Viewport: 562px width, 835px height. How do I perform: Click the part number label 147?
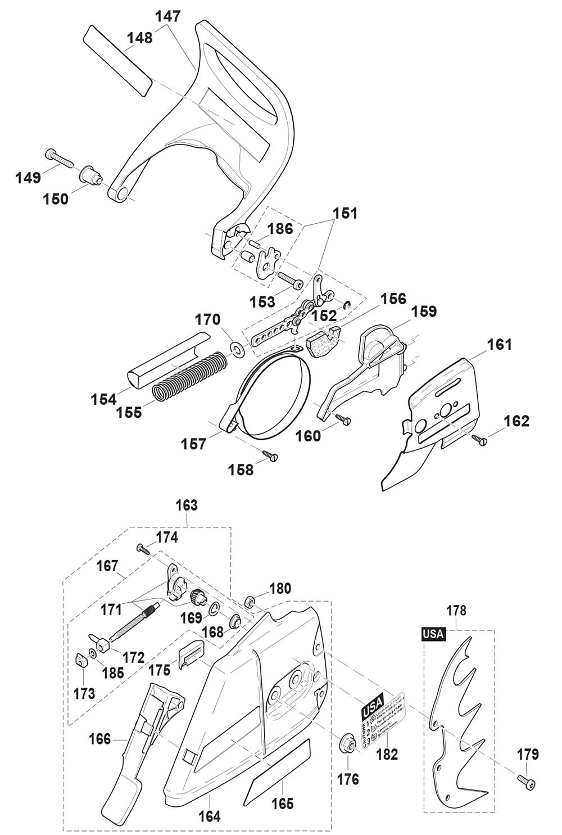169,16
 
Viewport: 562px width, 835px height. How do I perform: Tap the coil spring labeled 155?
188,374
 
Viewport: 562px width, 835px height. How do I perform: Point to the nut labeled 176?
347,744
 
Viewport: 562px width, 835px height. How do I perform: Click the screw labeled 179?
526,781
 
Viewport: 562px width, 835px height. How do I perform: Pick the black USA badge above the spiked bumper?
433,634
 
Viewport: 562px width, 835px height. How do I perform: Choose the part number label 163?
187,505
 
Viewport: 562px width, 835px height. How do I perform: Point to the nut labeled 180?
251,602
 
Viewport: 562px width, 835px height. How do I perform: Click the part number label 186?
280,229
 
